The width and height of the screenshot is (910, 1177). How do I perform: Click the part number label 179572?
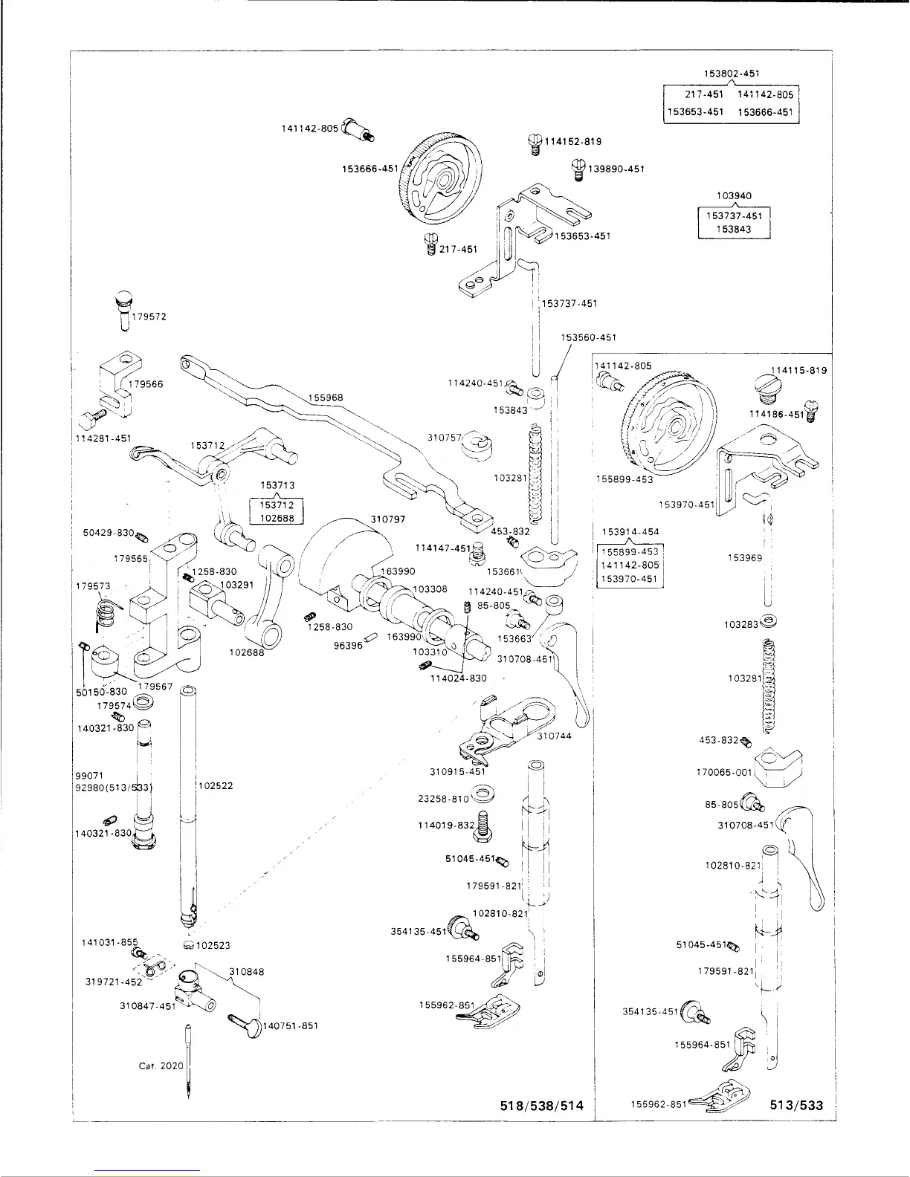coord(149,317)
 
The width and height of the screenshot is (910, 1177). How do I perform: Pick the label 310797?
coord(387,519)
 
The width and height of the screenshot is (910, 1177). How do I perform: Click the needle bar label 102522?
coord(216,785)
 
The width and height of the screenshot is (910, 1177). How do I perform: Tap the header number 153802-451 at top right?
coord(731,74)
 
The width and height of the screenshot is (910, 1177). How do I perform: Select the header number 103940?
coord(734,196)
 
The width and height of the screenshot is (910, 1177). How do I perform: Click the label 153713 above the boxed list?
coord(277,485)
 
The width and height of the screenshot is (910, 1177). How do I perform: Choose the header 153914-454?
coord(630,531)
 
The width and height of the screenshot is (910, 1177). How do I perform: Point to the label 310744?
coord(554,736)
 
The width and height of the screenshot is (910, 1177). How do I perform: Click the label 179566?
coord(146,384)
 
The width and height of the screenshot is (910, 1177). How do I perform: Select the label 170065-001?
coord(725,772)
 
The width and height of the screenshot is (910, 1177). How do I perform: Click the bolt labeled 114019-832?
coord(484,826)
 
